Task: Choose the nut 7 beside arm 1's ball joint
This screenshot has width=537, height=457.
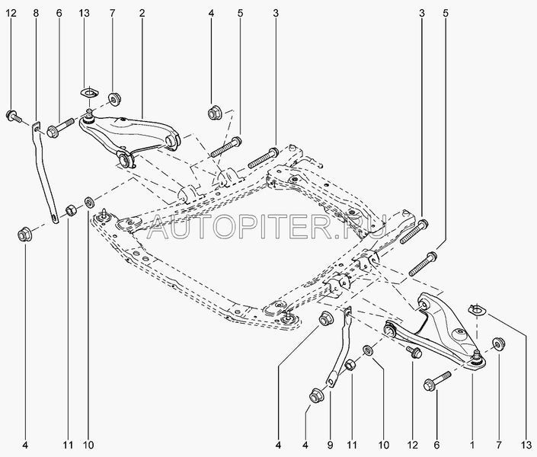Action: click(x=500, y=344)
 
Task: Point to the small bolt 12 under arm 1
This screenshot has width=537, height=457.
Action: click(x=414, y=353)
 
